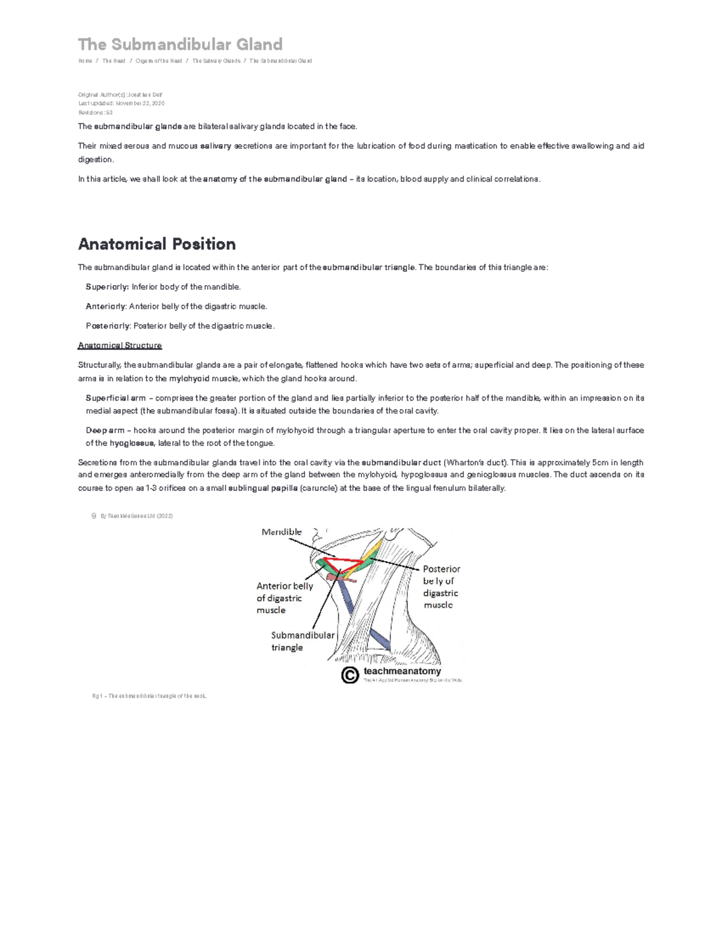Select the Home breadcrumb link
click(x=85, y=61)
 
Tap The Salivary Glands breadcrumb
click(x=216, y=61)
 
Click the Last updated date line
click(x=121, y=103)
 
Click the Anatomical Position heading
click(x=156, y=244)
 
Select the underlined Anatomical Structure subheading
click(x=120, y=346)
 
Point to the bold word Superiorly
click(x=107, y=287)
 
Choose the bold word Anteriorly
click(x=106, y=307)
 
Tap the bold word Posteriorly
click(x=108, y=326)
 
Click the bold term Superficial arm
click(x=116, y=398)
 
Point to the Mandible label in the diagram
click(x=282, y=532)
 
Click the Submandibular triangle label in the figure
click(x=302, y=641)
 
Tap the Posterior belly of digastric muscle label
click(x=441, y=586)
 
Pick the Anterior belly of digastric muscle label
click(x=284, y=598)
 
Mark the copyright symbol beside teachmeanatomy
click(x=350, y=675)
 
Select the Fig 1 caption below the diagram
click(x=149, y=696)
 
